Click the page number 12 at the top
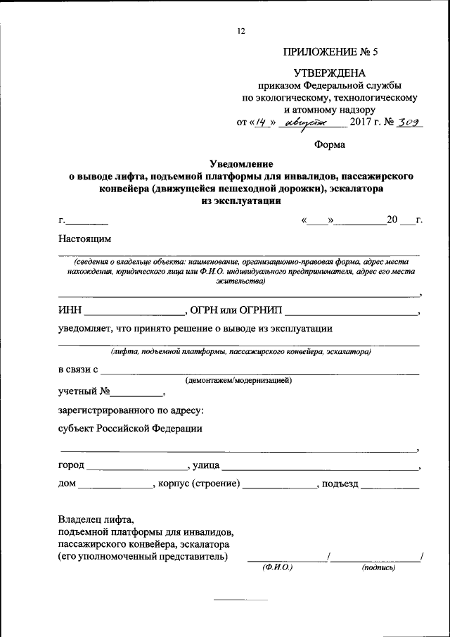(241, 32)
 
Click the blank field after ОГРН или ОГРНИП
(351, 311)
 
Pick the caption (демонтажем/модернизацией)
(238, 380)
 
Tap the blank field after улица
(320, 467)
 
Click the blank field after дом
(115, 486)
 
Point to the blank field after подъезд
(390, 486)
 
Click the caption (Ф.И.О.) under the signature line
(277, 567)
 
